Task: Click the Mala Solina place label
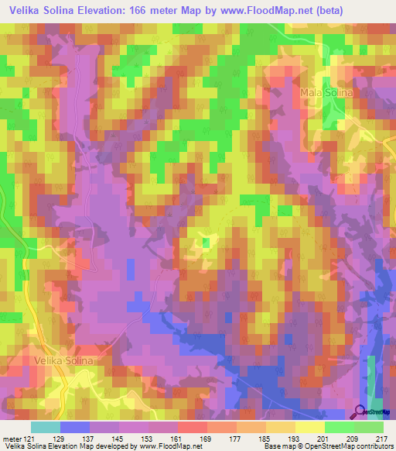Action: [326, 92]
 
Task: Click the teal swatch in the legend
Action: [45, 427]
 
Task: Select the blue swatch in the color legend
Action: [74, 427]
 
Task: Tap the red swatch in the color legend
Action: [192, 427]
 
